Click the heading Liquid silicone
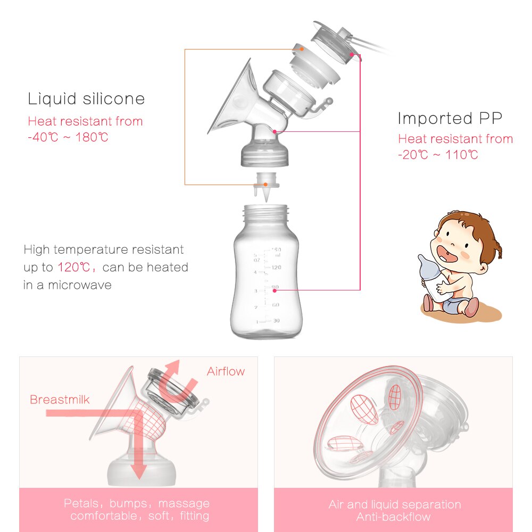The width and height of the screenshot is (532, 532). click(x=86, y=99)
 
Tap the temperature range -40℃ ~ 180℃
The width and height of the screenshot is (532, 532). click(x=68, y=137)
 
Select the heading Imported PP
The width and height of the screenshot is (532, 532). click(x=450, y=118)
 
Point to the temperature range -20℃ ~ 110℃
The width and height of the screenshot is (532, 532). click(x=438, y=155)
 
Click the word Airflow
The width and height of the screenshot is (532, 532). click(x=226, y=371)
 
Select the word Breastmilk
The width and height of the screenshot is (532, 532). click(x=60, y=400)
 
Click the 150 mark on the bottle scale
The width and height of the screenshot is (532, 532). click(x=276, y=250)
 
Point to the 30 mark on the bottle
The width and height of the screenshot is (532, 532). click(x=276, y=320)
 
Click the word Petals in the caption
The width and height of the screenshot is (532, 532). click(x=80, y=503)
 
